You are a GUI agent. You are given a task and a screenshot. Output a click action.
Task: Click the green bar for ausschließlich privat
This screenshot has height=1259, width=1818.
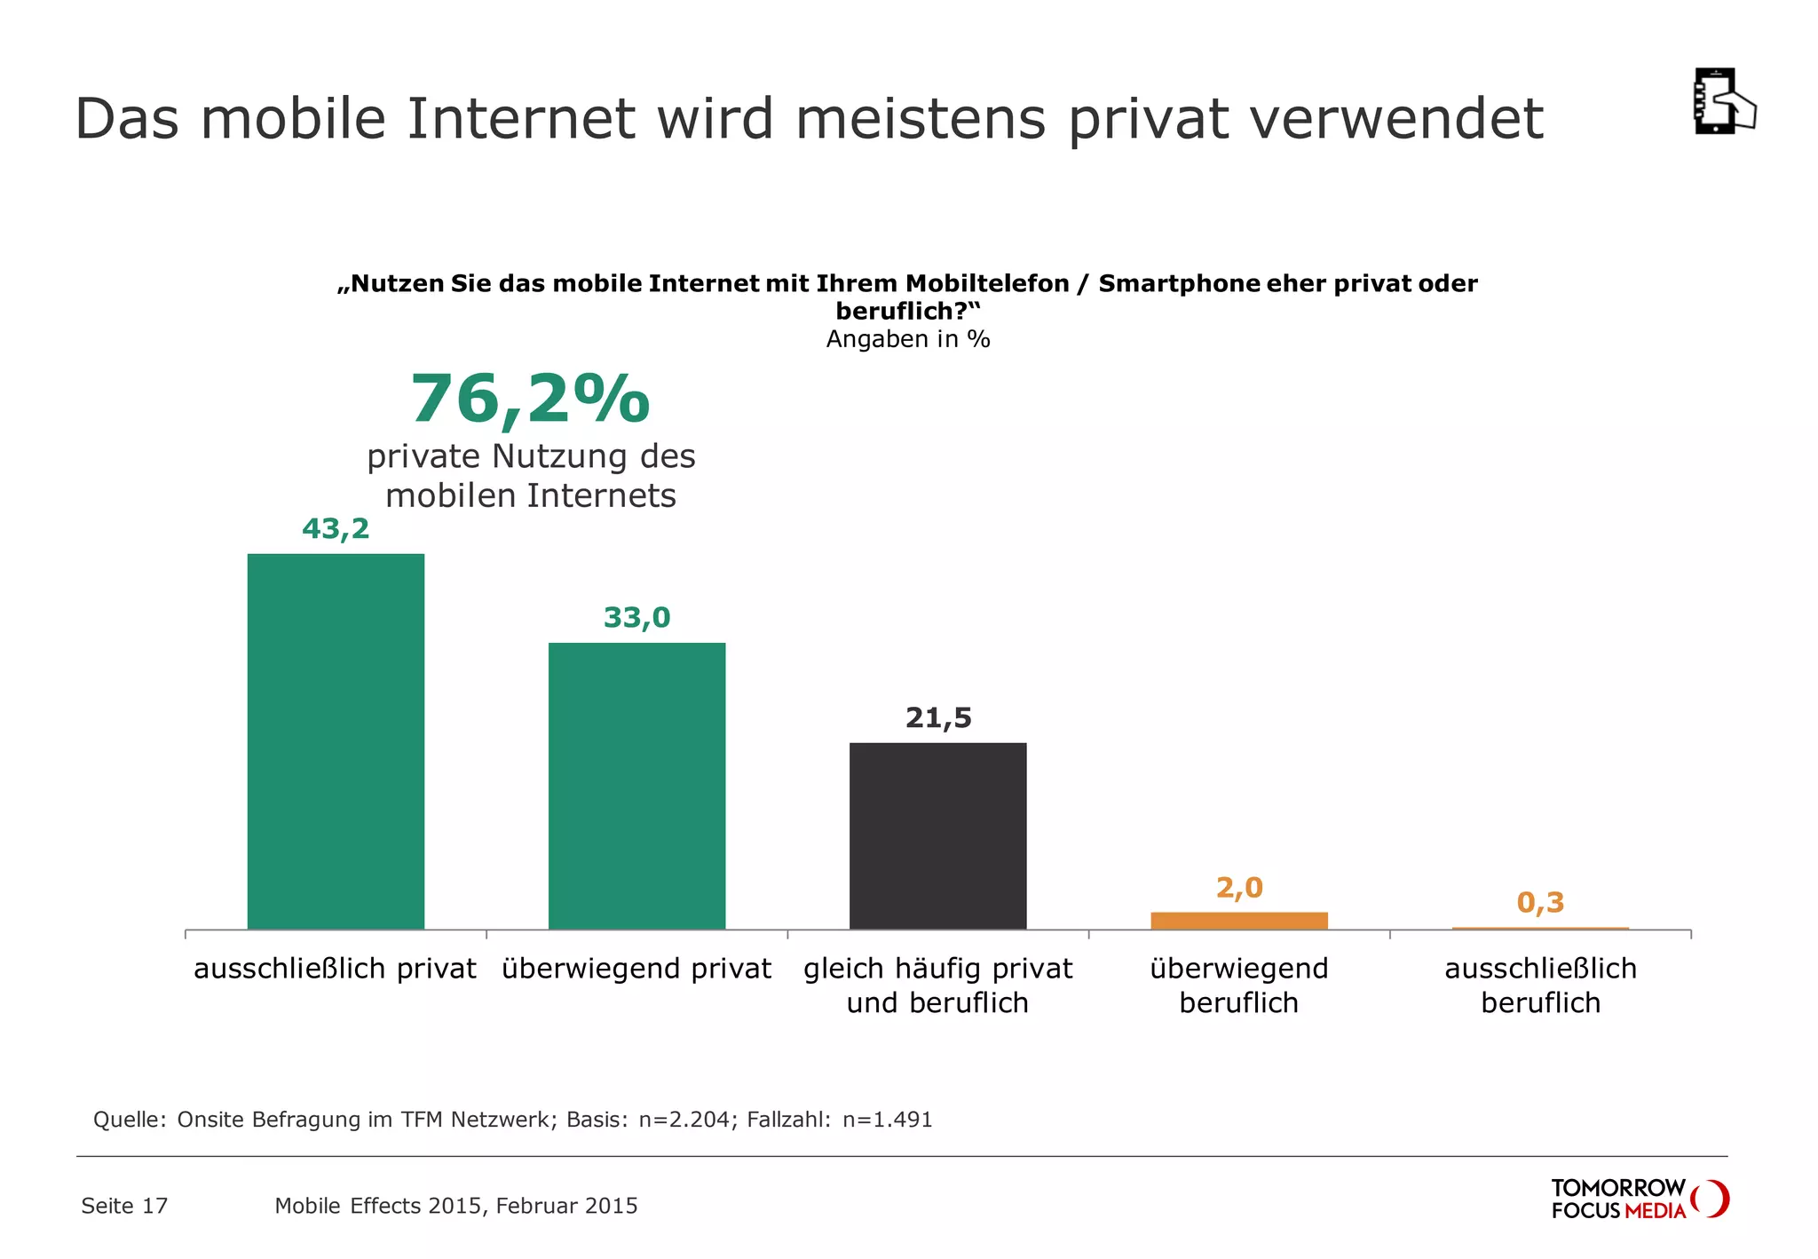pyautogui.click(x=336, y=741)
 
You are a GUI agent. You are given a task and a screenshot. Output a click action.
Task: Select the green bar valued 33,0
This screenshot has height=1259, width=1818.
pyautogui.click(x=636, y=786)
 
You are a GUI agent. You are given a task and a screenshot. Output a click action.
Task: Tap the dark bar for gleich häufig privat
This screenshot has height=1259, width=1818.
pyautogui.click(x=937, y=835)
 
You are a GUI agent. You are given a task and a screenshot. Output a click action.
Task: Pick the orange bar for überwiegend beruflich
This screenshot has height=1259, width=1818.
pyautogui.click(x=1238, y=921)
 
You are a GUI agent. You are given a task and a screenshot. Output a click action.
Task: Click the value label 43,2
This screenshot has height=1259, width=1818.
pyautogui.click(x=336, y=529)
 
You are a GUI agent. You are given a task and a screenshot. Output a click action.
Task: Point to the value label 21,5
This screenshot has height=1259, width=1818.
pyautogui.click(x=938, y=717)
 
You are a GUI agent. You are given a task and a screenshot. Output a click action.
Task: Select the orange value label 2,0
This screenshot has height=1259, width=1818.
pyautogui.click(x=1239, y=887)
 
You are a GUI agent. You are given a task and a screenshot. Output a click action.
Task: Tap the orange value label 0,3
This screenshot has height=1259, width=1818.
pyautogui.click(x=1540, y=902)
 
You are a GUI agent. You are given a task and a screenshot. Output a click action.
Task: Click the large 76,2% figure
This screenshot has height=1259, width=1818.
pyautogui.click(x=530, y=400)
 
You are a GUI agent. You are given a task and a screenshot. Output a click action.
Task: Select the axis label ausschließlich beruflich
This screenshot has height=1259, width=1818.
pyautogui.click(x=1540, y=985)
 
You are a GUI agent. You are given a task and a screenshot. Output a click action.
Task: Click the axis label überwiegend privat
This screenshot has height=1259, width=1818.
pyautogui.click(x=636, y=968)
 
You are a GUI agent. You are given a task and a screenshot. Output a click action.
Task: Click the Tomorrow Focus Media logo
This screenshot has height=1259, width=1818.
pyautogui.click(x=1639, y=1199)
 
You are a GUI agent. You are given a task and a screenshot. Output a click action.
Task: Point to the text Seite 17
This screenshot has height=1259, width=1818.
pyautogui.click(x=124, y=1206)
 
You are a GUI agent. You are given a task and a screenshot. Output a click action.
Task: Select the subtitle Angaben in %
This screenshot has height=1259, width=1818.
pyautogui.click(x=908, y=339)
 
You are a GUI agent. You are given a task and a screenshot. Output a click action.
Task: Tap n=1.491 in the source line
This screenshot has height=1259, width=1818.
pyautogui.click(x=888, y=1120)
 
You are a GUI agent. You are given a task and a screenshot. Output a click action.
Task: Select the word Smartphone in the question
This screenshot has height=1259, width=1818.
pyautogui.click(x=1179, y=284)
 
